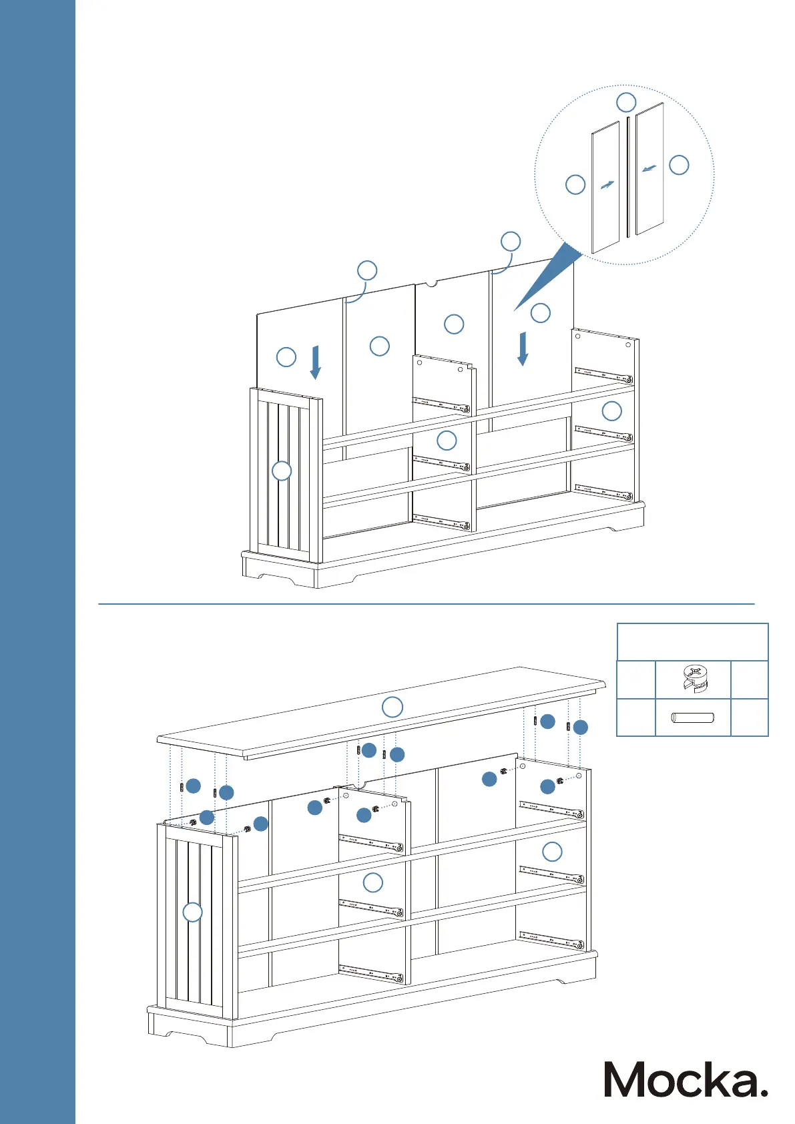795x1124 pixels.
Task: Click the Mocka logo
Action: click(x=686, y=1079)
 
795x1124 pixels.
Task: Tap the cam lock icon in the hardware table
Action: click(x=694, y=679)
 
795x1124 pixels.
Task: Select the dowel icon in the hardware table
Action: click(x=693, y=718)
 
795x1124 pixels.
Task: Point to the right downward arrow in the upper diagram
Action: click(x=523, y=348)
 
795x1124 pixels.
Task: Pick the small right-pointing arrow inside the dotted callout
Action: click(x=607, y=185)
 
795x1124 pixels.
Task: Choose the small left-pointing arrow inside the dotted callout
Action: click(x=649, y=168)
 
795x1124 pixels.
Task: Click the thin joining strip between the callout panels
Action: click(x=628, y=177)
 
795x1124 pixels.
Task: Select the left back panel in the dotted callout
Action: click(x=605, y=188)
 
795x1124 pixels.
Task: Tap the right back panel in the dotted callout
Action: click(x=649, y=168)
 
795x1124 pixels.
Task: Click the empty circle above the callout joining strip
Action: click(x=626, y=102)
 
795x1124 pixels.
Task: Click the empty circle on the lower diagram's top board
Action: click(x=392, y=707)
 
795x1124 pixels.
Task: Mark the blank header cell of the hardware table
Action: click(x=692, y=642)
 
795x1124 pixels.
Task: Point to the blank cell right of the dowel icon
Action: click(x=750, y=718)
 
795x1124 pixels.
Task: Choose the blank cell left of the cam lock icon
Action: click(x=635, y=680)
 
